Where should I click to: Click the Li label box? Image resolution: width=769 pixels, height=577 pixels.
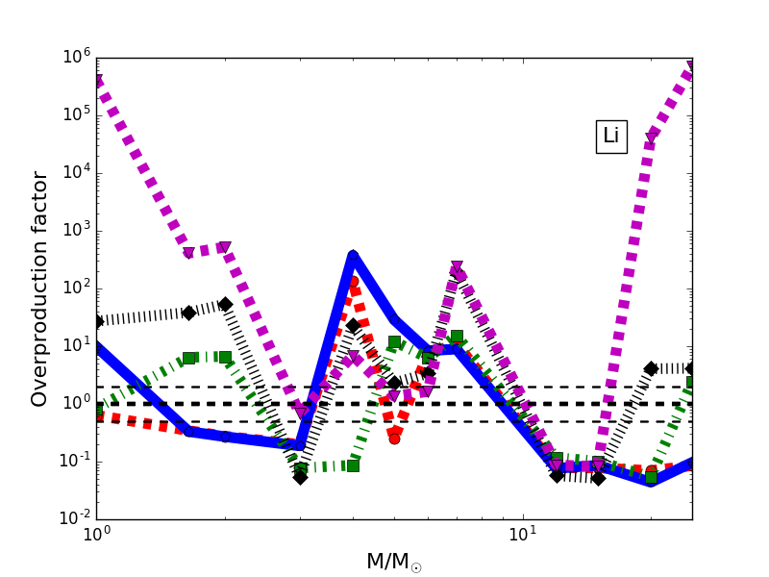coord(610,137)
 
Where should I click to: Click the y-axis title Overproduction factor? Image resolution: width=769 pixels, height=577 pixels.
coord(39,288)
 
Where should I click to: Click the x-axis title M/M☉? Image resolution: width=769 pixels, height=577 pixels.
coord(393,562)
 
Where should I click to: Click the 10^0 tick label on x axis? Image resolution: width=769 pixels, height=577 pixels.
coord(96,539)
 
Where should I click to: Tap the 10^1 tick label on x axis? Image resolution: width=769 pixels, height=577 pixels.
coord(522,539)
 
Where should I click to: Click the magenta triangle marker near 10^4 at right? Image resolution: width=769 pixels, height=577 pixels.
coord(651,138)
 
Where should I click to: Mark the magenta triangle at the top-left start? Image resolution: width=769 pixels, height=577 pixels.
coord(97,81)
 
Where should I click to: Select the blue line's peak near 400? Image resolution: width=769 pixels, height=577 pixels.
coord(353,256)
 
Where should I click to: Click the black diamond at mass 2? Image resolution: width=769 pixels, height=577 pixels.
coord(225,304)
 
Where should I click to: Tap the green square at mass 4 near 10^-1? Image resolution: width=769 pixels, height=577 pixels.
coord(353,465)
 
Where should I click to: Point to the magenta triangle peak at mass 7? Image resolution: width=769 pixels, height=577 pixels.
coord(457,266)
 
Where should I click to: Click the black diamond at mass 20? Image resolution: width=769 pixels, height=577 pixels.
coord(651,368)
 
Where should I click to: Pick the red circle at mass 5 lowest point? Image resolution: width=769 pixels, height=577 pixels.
coord(394,438)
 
